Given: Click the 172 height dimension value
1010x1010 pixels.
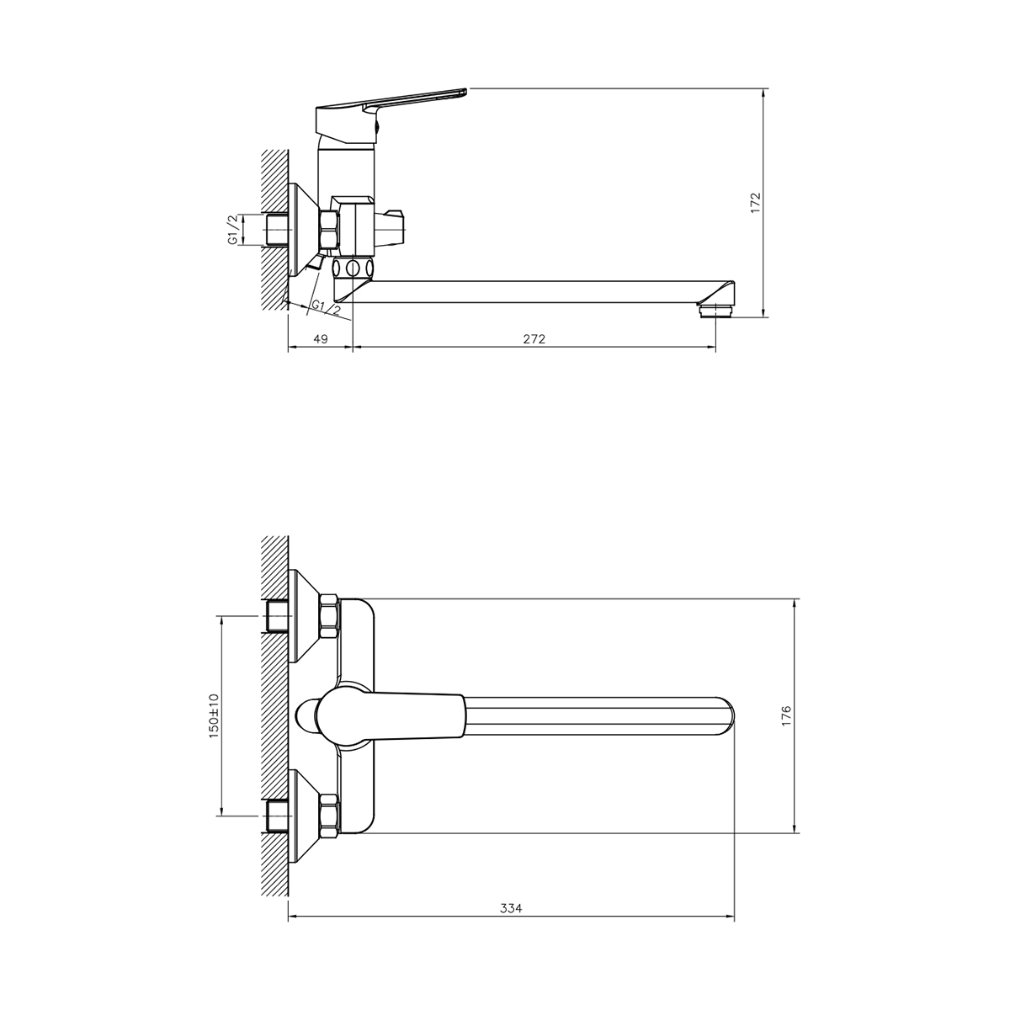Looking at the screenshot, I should [x=755, y=202].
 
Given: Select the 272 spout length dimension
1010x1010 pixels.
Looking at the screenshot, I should [x=534, y=339].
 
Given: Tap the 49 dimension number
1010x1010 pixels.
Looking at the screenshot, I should [x=320, y=339].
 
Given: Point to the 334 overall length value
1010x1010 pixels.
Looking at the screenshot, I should [x=511, y=908].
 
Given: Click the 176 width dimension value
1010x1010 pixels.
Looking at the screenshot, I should [x=786, y=716].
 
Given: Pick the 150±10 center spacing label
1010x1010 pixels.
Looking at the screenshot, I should [x=214, y=716].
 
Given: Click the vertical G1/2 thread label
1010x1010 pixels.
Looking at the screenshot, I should [x=232, y=229].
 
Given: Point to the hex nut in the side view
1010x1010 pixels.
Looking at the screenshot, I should [x=328, y=229].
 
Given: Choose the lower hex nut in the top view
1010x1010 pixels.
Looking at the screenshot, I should [x=328, y=817].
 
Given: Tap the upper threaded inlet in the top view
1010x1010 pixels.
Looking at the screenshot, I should [x=276, y=617].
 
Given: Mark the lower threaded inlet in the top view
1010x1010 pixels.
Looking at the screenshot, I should [x=276, y=817].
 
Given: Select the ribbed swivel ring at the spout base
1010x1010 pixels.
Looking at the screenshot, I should [x=354, y=270].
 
